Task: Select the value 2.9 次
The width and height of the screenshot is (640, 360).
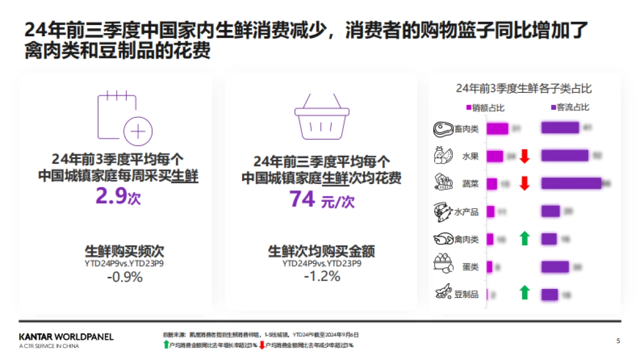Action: pos(118,197)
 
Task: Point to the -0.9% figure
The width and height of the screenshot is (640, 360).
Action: pos(124,277)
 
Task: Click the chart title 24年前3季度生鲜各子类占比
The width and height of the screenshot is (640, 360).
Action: pos(524,89)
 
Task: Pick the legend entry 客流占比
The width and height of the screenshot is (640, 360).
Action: pos(570,108)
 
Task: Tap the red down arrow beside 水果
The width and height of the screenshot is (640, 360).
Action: pos(525,156)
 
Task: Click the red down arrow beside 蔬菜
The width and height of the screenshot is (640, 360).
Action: pos(525,183)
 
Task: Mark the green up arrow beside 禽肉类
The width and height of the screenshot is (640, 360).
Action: pos(525,238)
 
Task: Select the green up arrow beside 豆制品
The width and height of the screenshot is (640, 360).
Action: pos(525,292)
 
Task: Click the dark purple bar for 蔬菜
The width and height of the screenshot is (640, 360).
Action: pos(571,183)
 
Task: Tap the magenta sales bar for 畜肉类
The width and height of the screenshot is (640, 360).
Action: pos(497,129)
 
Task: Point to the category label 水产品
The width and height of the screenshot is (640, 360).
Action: pos(466,212)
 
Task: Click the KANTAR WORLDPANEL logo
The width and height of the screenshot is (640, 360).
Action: pos(66,338)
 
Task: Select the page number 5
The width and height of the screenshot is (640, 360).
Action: pos(618,341)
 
